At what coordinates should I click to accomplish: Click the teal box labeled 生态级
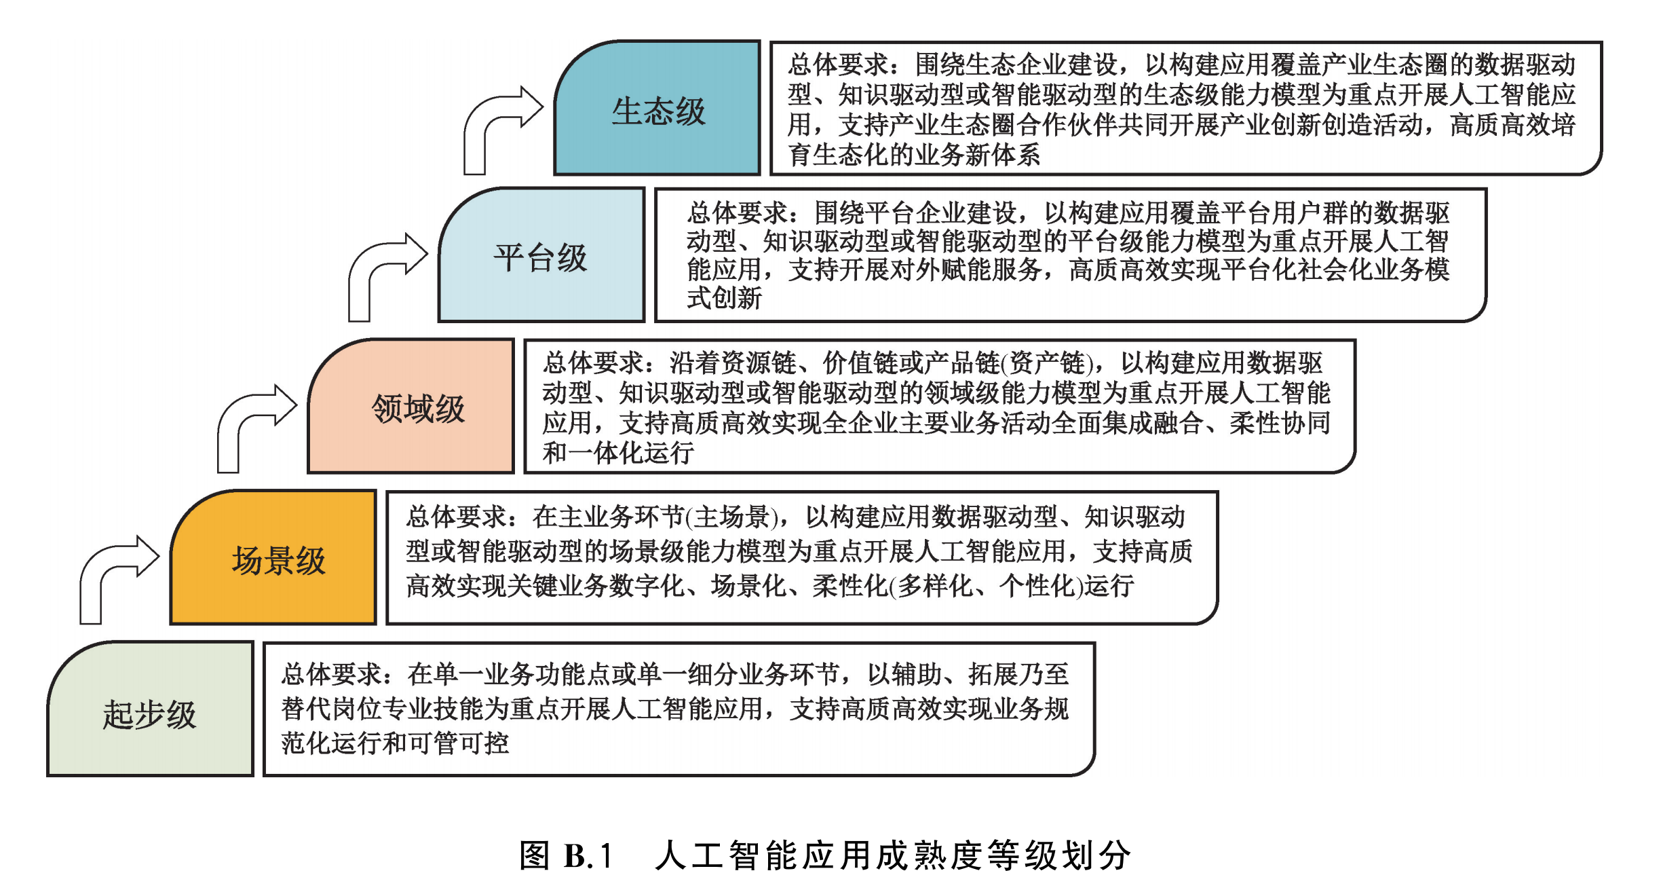[x=657, y=107]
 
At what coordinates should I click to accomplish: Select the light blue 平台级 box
[x=541, y=255]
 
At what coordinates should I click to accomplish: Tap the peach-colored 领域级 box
[x=411, y=406]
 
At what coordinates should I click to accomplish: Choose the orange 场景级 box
[x=273, y=557]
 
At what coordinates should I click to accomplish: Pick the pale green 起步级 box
[x=150, y=709]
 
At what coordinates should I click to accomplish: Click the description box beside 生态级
[x=1186, y=108]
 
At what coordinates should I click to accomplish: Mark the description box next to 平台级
[x=1071, y=255]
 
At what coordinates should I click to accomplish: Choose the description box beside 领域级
[x=940, y=406]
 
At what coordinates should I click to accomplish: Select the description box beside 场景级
[x=802, y=557]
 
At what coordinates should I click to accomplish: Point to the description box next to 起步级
[x=679, y=709]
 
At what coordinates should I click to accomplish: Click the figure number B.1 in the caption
[x=588, y=856]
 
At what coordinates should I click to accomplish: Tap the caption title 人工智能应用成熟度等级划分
[x=893, y=855]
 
